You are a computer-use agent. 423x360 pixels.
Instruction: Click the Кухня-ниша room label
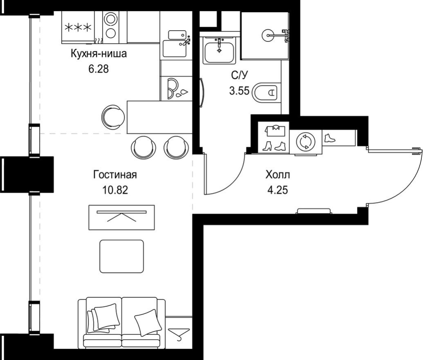[98, 54]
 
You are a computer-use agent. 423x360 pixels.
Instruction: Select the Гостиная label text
[114, 175]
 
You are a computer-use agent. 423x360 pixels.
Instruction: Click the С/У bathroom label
[239, 75]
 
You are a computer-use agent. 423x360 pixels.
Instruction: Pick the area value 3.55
[239, 91]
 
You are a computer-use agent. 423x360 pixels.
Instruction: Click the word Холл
[278, 175]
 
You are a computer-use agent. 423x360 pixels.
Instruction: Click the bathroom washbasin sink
[220, 50]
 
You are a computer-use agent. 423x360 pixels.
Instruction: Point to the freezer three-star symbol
[78, 27]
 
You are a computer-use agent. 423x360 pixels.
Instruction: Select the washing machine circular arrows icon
[305, 142]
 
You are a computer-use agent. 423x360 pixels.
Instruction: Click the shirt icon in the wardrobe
[274, 130]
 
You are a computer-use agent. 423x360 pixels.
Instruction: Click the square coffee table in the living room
[122, 256]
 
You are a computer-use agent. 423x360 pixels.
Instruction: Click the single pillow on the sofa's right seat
[147, 322]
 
